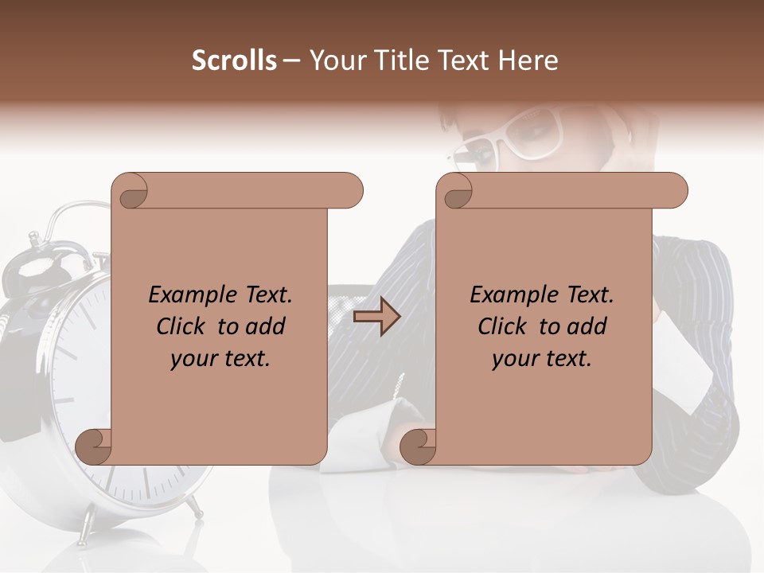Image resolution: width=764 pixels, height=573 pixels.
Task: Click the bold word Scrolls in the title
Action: coord(234,60)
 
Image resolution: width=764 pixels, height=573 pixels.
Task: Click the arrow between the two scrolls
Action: coord(376,317)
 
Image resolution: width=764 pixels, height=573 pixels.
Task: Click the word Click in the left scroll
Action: coord(182,326)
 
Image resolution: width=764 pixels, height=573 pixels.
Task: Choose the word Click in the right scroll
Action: coord(504,326)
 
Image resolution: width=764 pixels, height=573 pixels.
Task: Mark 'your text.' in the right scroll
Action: coord(542,358)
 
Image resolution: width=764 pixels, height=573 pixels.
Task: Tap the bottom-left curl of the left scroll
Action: coord(94,446)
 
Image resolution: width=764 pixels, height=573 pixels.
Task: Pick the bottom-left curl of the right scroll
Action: coord(418,446)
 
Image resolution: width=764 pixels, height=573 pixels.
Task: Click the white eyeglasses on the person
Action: coord(509,135)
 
